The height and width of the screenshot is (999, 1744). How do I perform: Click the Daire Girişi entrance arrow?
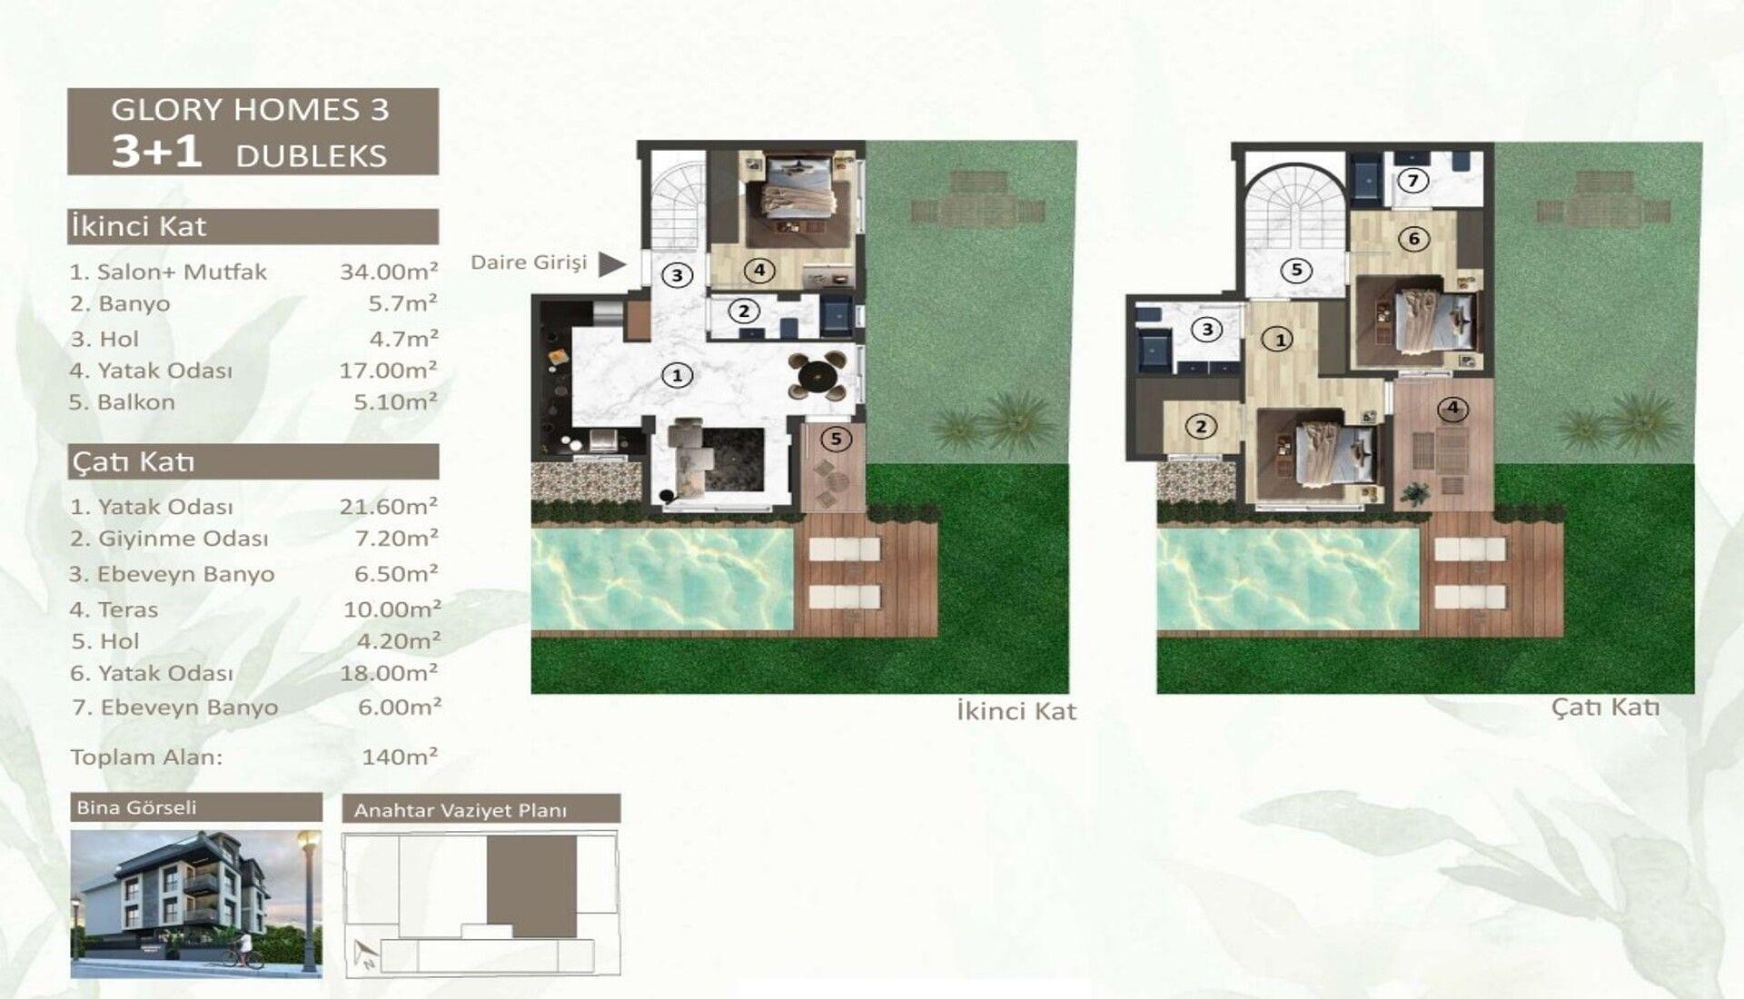(612, 264)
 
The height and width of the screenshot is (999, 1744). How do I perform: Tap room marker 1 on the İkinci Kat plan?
(677, 374)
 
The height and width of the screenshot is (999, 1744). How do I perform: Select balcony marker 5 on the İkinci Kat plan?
(836, 440)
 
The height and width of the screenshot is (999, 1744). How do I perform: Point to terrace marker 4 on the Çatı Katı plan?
(1452, 408)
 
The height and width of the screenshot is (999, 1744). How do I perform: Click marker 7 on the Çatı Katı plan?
(1412, 181)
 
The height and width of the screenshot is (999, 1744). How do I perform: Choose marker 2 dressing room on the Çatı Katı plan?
(1201, 427)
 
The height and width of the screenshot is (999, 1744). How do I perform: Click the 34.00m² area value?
(389, 271)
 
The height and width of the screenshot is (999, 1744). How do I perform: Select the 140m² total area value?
(400, 756)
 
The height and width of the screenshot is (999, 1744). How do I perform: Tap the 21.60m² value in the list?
(389, 506)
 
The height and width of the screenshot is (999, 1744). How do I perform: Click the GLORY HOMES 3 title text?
(250, 109)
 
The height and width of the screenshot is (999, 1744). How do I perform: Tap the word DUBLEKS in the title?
(312, 155)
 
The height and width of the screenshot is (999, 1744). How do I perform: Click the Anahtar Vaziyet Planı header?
(461, 810)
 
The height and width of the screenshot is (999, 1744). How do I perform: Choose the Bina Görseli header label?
(136, 807)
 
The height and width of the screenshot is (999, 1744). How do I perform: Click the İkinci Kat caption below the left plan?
(1016, 711)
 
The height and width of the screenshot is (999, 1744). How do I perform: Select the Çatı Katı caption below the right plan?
(1605, 707)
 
